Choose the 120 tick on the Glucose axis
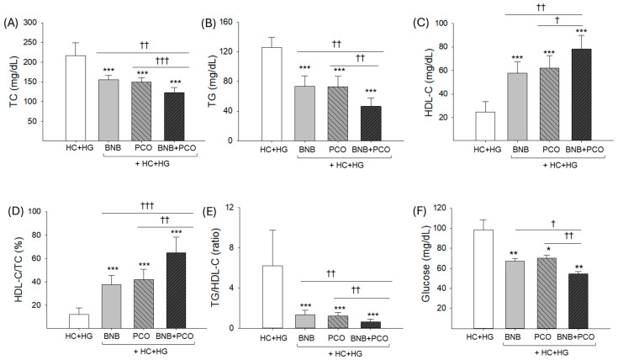pyautogui.click(x=452, y=207)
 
